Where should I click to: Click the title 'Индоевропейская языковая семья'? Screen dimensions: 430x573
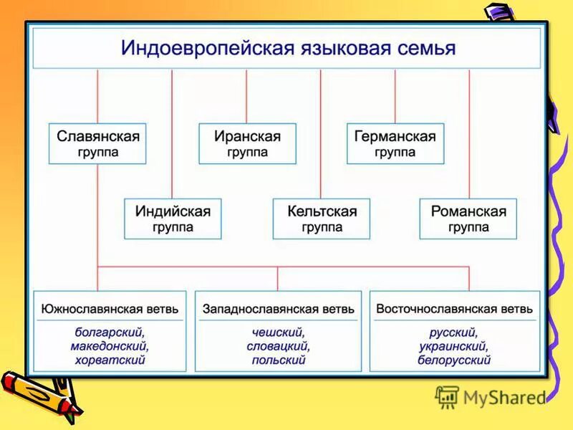point(286,48)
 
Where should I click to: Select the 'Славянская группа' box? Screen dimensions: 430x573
point(97,143)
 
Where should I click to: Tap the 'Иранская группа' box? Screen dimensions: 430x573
point(247,143)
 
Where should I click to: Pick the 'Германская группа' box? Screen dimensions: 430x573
point(395,143)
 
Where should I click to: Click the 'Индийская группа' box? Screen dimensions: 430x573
point(172,219)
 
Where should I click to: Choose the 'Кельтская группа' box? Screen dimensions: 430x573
point(321,219)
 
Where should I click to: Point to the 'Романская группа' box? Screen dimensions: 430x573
point(468,219)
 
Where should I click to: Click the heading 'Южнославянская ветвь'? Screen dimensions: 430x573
point(110,309)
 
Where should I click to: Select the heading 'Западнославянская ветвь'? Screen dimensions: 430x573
point(279,309)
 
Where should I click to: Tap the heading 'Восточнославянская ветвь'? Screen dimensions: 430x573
point(454,309)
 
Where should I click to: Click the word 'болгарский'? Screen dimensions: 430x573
point(110,333)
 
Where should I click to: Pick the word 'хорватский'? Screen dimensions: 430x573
point(110,360)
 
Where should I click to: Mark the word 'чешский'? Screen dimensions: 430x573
point(279,333)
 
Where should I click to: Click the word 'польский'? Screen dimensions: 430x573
point(279,360)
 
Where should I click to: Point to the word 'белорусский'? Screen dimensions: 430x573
point(454,360)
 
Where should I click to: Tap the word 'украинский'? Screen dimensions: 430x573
point(454,346)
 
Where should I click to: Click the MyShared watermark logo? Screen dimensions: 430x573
point(491,396)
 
